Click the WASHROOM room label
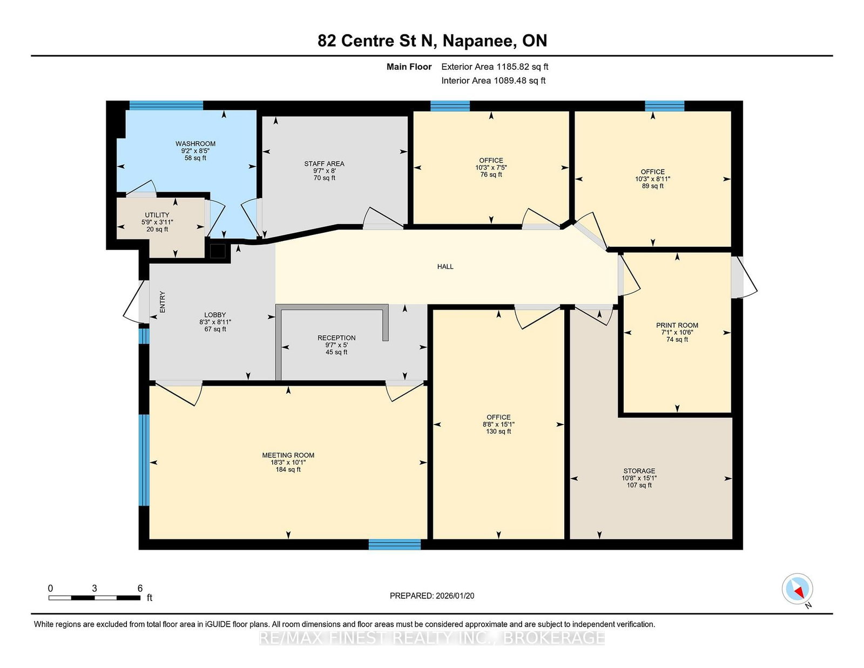195,144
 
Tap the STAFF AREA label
324,164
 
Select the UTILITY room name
157,215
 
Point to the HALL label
446,266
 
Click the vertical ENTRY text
162,302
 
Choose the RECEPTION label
336,338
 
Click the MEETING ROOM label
288,455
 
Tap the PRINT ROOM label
677,325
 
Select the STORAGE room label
639,471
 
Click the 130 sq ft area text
498,431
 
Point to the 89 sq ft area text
652,186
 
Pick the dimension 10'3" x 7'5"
491,167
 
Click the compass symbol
797,589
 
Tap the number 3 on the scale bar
94,588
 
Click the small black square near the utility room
218,251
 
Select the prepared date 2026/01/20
455,596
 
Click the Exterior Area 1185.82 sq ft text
495,67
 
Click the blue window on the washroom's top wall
166,105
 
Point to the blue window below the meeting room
394,544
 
